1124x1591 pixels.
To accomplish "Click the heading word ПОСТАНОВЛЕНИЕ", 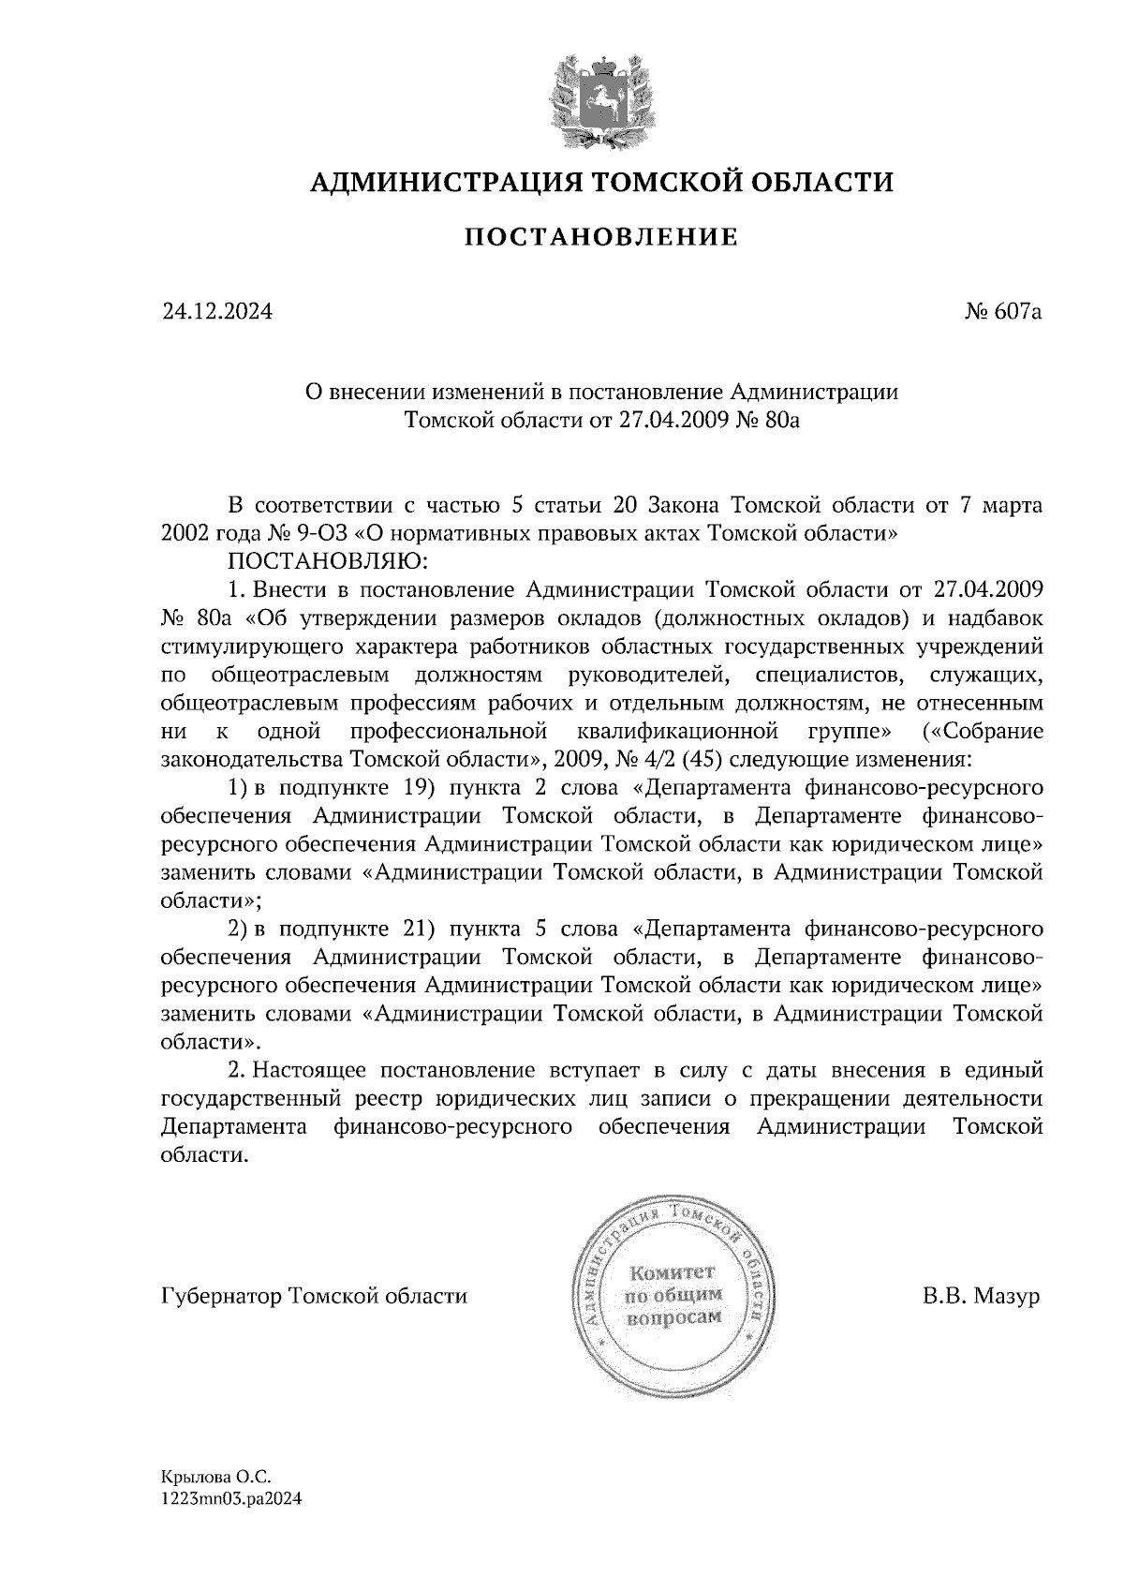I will click(601, 237).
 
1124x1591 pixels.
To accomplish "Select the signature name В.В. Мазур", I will click(981, 1297).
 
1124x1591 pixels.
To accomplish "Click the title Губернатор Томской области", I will click(314, 1297).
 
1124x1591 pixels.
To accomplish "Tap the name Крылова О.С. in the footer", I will click(215, 1477).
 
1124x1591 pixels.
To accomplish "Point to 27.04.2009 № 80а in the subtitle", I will click(710, 421).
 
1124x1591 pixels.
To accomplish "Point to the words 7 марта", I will click(1001, 505).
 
